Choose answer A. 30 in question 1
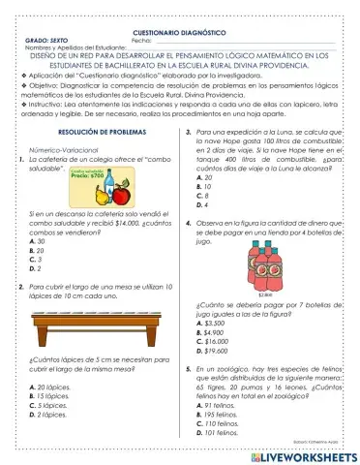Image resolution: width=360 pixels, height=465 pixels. [x=37, y=240]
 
